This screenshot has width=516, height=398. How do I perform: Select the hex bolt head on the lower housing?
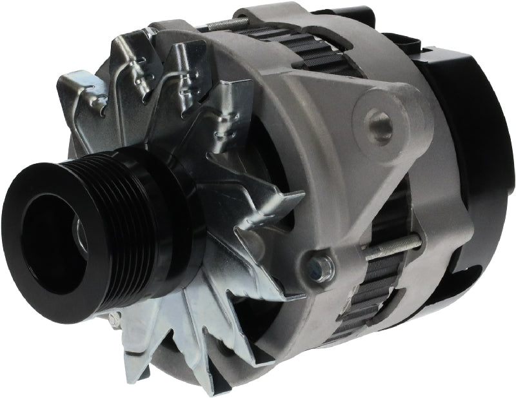[x=321, y=264]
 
